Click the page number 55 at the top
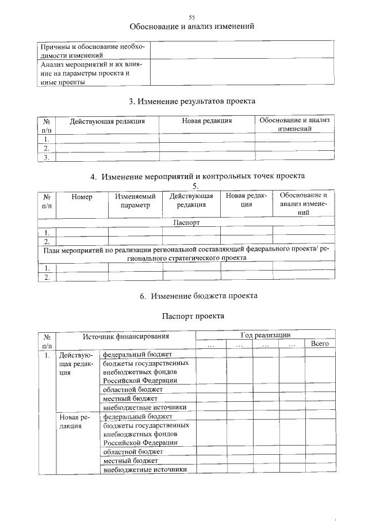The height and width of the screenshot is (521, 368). (x=191, y=17)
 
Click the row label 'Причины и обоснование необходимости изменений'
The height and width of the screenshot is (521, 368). (x=91, y=51)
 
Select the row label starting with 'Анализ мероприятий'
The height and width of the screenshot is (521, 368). (x=91, y=73)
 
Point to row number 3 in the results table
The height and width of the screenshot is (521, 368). (x=46, y=157)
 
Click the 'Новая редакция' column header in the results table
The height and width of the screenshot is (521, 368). (x=206, y=121)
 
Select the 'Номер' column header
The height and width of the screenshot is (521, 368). (x=82, y=196)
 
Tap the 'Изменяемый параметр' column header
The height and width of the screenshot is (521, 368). (x=135, y=200)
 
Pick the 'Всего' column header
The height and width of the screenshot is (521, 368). (x=319, y=343)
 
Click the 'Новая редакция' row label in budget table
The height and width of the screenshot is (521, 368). (x=73, y=421)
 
